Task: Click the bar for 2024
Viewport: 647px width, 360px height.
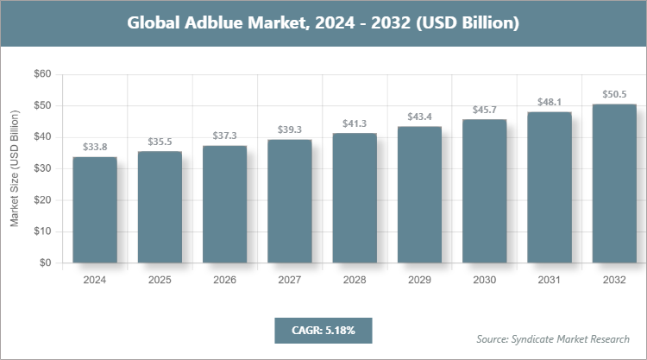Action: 95,210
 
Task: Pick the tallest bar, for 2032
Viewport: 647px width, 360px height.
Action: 613,183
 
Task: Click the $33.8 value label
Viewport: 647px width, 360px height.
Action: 95,148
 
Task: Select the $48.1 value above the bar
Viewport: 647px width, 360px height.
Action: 549,102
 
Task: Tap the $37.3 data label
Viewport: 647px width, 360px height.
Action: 224,136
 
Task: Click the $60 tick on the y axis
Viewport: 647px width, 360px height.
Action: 41,74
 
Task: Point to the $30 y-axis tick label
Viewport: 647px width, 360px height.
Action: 41,168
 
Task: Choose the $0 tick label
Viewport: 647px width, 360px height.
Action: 44,263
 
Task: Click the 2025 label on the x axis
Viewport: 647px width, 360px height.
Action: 160,280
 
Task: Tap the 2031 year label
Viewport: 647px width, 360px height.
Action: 549,280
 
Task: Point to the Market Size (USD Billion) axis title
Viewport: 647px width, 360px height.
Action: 15,168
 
